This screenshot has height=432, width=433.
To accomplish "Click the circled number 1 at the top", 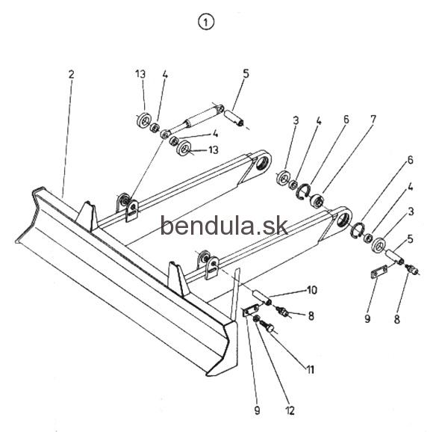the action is point(206,22).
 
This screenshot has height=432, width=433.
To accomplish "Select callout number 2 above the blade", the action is point(71,74).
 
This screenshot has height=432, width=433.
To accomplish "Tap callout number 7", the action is point(373,120).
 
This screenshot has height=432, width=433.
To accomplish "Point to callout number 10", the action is point(312,290).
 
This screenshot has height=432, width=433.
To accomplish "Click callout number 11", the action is point(311,369).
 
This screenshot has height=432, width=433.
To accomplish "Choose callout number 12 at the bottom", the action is point(290,410).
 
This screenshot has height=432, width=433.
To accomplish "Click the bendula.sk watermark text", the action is point(224,226).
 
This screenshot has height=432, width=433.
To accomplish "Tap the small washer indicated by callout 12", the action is point(256,318).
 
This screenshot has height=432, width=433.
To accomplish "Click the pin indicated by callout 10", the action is point(262,297).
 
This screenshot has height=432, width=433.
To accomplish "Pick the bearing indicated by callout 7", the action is point(317,200).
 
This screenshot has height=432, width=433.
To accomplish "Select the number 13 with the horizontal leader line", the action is point(214,149).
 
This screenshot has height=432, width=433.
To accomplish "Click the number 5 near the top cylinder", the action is point(246,73).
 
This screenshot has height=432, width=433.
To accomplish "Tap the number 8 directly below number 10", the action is point(311,316).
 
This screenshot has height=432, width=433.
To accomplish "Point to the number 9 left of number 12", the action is point(257,410).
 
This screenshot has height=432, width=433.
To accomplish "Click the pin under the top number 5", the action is point(234,118).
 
